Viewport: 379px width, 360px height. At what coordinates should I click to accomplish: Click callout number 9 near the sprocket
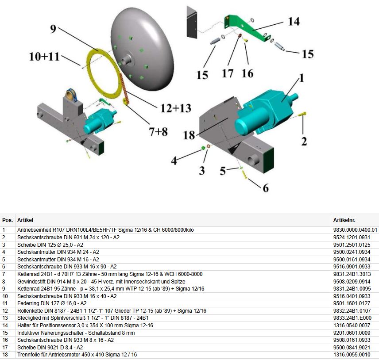click(x=53, y=30)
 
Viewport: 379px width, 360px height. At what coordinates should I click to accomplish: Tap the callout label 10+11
click(x=44, y=57)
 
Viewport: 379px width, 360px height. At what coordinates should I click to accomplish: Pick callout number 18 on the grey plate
click(x=189, y=134)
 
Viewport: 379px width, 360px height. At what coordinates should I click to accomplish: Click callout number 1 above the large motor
click(x=301, y=78)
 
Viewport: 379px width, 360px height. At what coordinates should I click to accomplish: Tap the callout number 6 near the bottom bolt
click(x=265, y=188)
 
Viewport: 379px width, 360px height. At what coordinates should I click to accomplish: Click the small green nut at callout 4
click(x=202, y=147)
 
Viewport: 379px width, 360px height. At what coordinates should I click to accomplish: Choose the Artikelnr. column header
click(x=344, y=220)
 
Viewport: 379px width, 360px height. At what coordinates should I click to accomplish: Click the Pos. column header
click(x=7, y=220)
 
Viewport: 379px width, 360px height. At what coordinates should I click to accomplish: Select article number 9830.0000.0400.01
click(x=355, y=230)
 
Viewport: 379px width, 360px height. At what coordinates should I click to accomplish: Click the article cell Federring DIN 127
click(x=51, y=303)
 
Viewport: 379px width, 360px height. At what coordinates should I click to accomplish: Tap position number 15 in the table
click(x=5, y=333)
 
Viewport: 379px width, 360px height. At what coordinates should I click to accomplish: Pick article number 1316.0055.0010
click(x=352, y=355)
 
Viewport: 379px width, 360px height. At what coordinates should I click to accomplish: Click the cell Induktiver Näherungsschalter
click(x=75, y=333)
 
